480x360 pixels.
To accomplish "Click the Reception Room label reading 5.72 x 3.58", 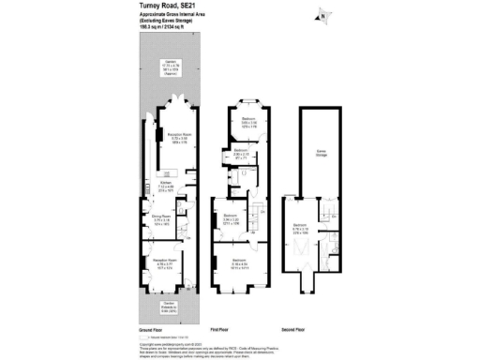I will pos(178,138).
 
